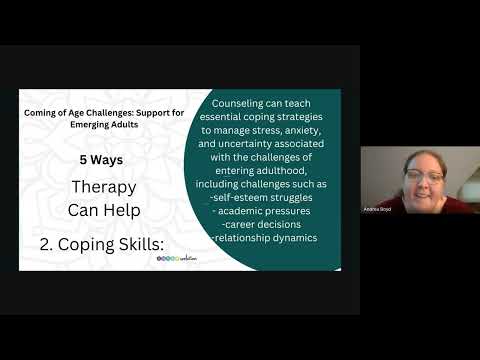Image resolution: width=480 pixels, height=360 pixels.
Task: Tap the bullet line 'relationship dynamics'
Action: pos(266,238)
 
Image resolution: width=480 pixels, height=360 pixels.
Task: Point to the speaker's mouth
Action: pos(424,188)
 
